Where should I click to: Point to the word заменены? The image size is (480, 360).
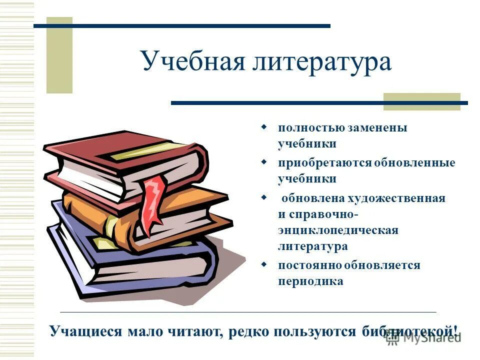(x=376, y=128)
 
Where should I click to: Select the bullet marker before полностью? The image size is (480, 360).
(x=264, y=127)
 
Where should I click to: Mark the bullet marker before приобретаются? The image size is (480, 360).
(x=264, y=162)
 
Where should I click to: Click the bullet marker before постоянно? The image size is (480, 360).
(x=264, y=264)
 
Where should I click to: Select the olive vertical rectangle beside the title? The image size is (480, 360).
(x=59, y=55)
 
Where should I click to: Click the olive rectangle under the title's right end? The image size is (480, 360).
(x=421, y=101)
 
